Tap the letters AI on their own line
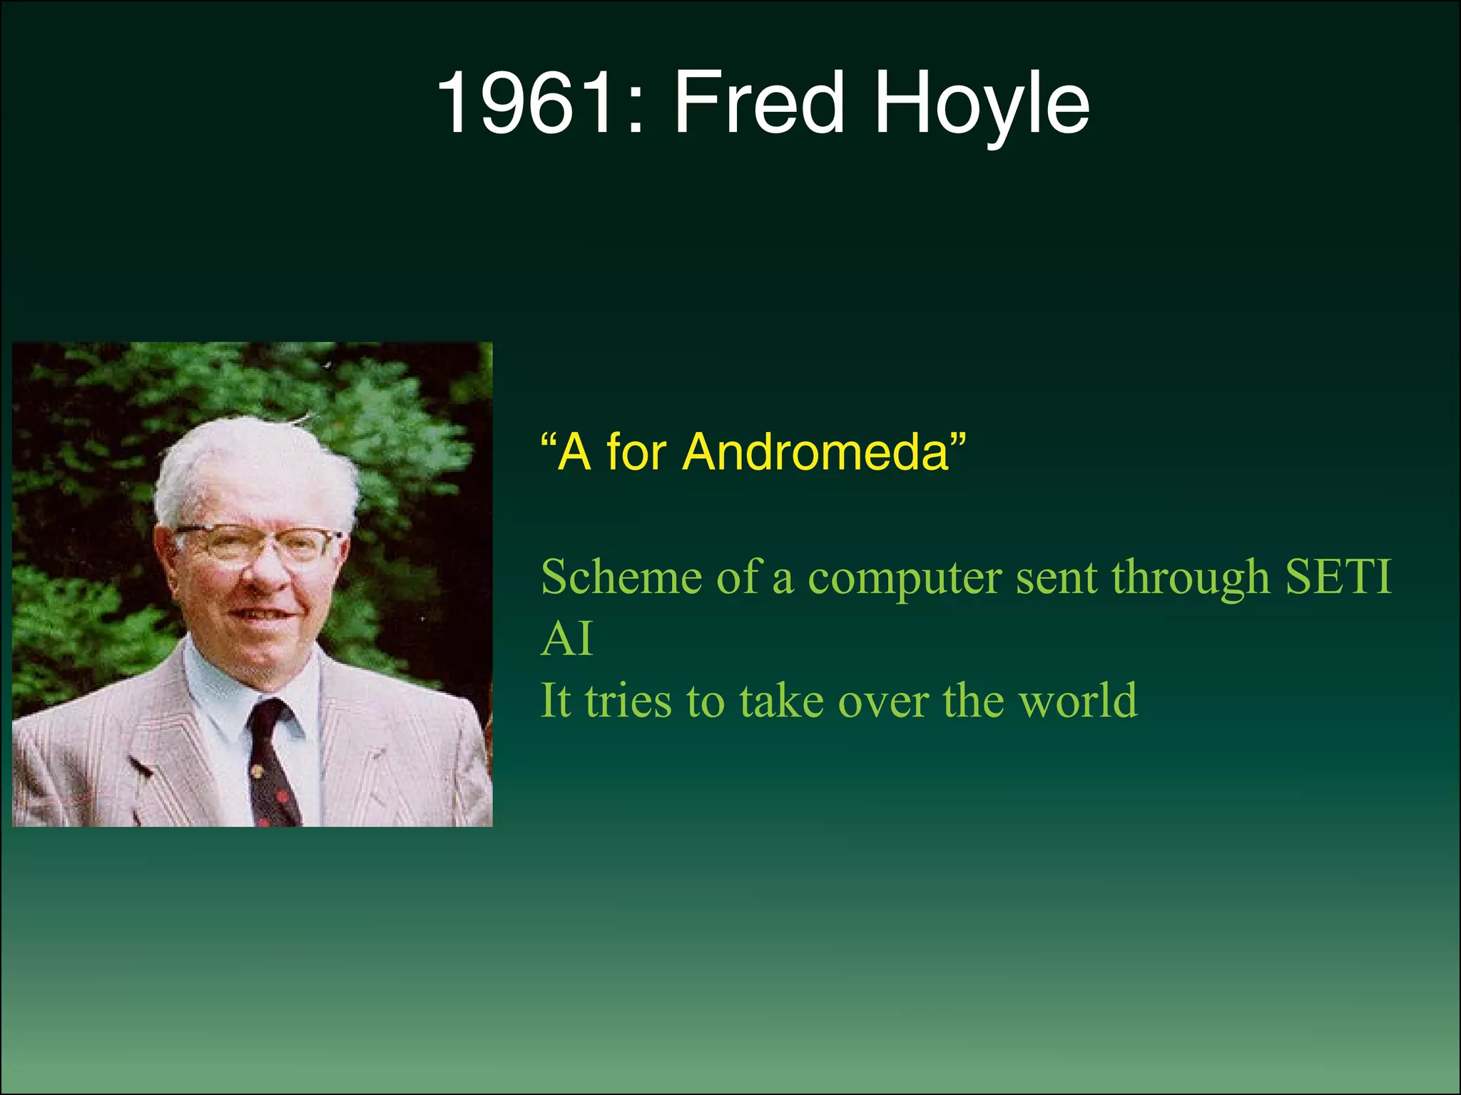coord(566,639)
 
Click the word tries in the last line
coord(628,701)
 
